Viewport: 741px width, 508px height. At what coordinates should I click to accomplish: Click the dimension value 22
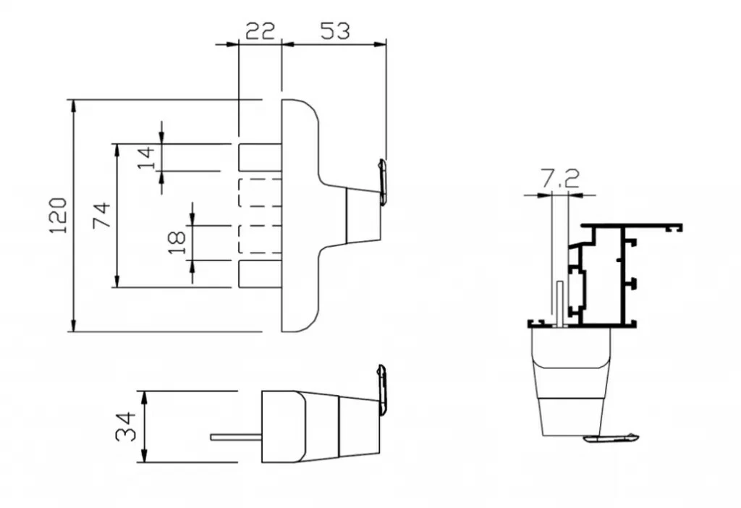(x=261, y=31)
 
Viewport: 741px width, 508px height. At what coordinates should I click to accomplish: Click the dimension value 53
(x=335, y=31)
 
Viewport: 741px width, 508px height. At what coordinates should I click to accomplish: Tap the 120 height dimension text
(x=59, y=216)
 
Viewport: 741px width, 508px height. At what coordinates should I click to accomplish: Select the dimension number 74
(x=101, y=216)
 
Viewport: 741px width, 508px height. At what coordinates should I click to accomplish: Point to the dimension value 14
(x=146, y=158)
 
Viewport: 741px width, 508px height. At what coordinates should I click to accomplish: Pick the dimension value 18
(x=177, y=242)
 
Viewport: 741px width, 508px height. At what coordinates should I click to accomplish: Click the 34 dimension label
(x=126, y=427)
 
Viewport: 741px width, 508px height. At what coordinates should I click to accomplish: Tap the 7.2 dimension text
(x=560, y=179)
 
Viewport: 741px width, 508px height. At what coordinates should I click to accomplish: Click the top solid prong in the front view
(x=261, y=157)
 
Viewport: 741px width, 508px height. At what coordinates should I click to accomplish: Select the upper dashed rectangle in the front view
(x=261, y=192)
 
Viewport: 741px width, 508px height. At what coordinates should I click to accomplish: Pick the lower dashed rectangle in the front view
(x=261, y=239)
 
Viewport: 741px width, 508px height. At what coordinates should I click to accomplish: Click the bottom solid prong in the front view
(x=261, y=274)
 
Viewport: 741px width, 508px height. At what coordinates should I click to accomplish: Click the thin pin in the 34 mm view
(x=237, y=437)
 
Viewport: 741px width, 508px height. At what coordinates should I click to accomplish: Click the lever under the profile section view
(x=611, y=437)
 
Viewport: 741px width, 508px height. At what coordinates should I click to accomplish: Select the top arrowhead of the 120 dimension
(x=73, y=106)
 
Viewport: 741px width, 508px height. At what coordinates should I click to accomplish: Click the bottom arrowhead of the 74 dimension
(x=117, y=280)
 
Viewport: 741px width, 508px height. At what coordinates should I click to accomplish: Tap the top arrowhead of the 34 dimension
(x=145, y=398)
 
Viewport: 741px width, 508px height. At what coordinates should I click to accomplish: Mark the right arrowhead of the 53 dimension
(x=379, y=44)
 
